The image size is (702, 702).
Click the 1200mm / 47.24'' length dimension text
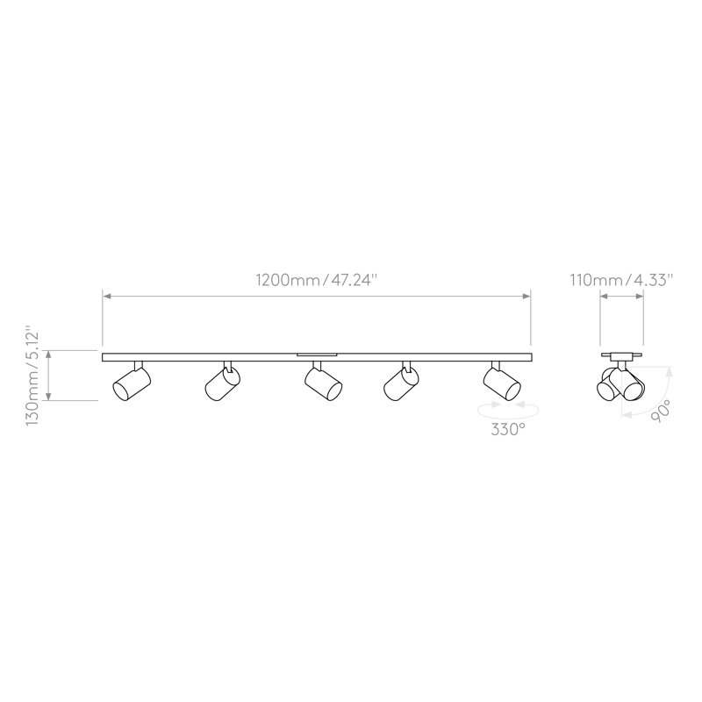[x=317, y=280]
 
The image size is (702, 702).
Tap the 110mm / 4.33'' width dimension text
[x=621, y=280]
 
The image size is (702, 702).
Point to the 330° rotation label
[x=508, y=429]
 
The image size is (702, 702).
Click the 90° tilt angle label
[x=661, y=411]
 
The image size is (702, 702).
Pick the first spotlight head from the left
[x=132, y=383]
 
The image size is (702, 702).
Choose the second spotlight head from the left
[x=223, y=383]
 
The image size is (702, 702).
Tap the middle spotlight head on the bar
[x=323, y=383]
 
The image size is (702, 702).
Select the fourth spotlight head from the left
[x=401, y=383]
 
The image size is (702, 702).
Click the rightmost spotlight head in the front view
[x=502, y=383]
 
